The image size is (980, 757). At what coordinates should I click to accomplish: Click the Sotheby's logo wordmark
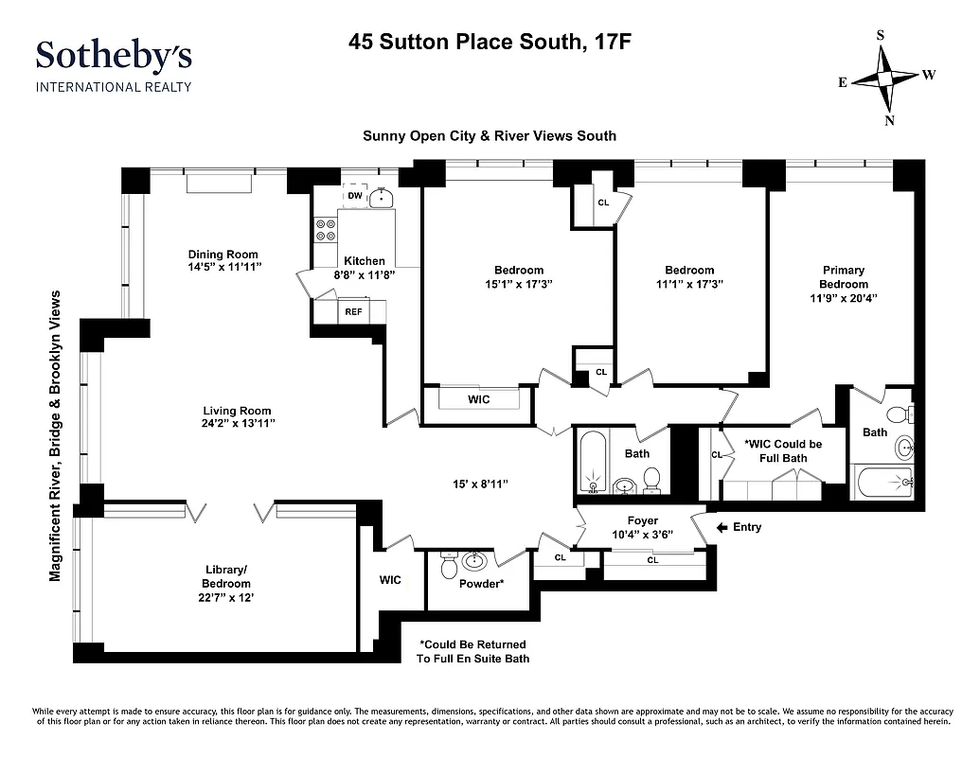(114, 56)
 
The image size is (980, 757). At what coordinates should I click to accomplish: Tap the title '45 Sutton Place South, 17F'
(480, 42)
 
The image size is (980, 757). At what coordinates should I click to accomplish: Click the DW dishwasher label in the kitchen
(355, 196)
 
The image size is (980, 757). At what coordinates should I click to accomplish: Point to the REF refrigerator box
(353, 311)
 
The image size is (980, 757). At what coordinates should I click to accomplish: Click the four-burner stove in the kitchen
(326, 229)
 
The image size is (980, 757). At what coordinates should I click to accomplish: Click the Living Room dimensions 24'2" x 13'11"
(239, 424)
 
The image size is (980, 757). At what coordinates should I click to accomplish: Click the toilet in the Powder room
(450, 566)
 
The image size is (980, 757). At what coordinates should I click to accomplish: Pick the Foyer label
(643, 521)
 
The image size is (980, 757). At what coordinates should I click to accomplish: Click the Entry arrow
(722, 527)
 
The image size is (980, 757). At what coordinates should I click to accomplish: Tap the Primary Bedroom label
(843, 277)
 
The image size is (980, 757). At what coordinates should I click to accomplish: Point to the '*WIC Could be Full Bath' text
(783, 451)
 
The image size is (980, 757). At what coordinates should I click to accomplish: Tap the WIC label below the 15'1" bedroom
(479, 399)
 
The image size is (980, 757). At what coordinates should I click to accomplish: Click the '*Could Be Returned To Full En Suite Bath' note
(472, 651)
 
